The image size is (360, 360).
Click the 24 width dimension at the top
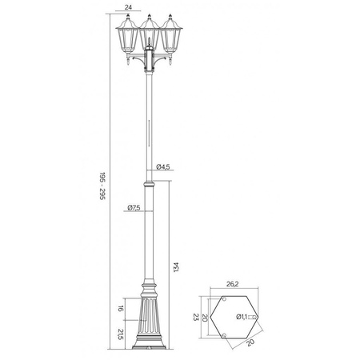[129, 6]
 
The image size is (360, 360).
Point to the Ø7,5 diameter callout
[134, 210]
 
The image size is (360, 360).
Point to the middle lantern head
[149, 35]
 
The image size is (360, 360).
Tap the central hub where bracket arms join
[149, 62]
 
